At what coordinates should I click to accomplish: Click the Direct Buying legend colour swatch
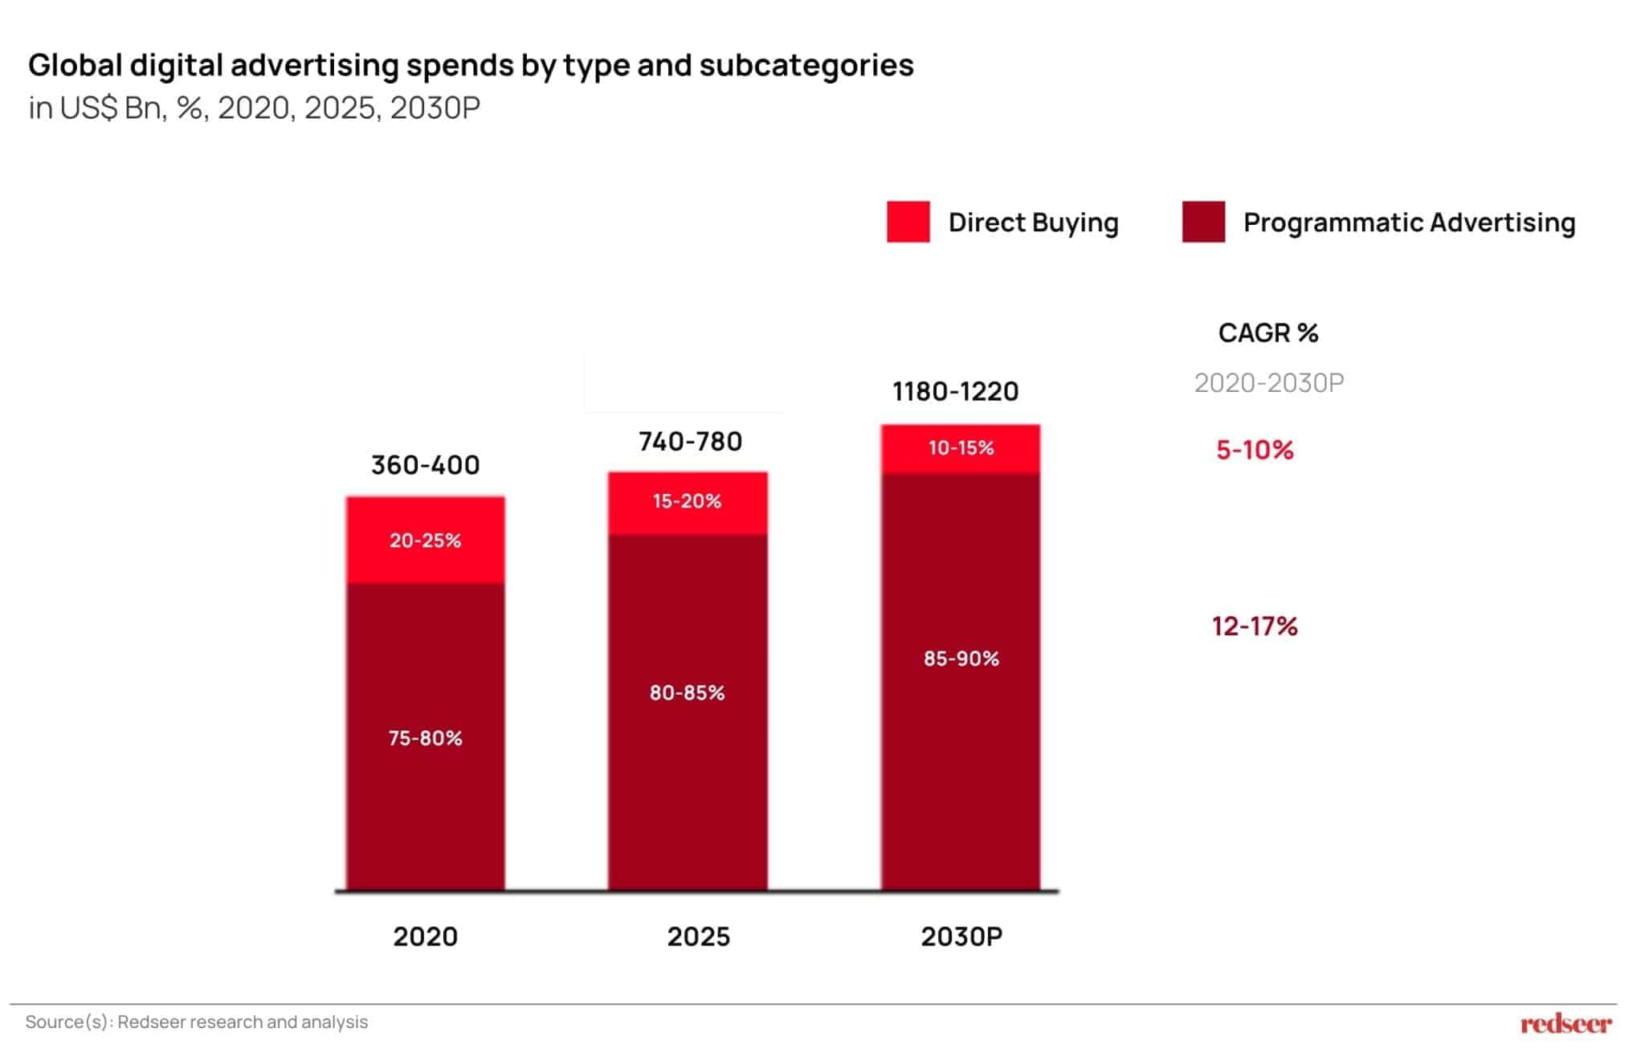click(908, 222)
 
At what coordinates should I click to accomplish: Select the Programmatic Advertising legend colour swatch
click(1203, 222)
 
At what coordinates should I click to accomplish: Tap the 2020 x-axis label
click(425, 937)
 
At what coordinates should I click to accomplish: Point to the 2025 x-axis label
click(698, 937)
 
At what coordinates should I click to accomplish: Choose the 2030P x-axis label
click(961, 937)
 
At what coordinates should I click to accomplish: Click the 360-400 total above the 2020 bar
click(425, 465)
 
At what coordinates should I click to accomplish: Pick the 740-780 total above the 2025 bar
click(690, 441)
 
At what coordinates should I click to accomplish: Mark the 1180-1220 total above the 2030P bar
click(955, 391)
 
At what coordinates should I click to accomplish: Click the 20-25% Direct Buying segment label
click(425, 541)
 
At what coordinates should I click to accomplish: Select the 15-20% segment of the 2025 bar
click(688, 503)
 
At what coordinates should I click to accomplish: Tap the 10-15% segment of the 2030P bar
click(961, 449)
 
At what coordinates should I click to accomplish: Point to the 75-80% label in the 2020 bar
click(425, 738)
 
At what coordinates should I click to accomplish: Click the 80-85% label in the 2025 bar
click(687, 692)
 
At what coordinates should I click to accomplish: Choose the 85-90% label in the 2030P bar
click(961, 659)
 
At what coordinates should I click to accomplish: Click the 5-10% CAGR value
click(1255, 450)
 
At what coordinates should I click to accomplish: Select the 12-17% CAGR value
click(1255, 626)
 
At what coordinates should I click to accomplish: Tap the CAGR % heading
click(1268, 333)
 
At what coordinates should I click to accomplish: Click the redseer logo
click(1565, 1024)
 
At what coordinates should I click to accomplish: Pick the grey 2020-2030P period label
click(1269, 383)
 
